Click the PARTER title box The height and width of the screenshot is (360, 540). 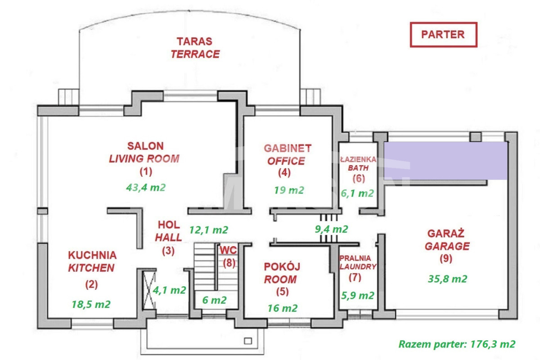click(x=443, y=35)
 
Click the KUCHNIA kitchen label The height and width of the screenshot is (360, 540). click(x=92, y=255)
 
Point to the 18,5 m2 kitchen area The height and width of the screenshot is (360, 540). click(x=91, y=304)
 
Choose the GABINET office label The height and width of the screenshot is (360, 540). click(x=288, y=148)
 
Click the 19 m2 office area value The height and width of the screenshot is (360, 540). click(x=289, y=190)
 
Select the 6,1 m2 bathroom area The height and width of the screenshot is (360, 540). click(x=357, y=193)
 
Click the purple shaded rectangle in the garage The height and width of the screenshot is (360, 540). click(x=445, y=160)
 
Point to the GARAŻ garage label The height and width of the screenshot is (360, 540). click(x=448, y=234)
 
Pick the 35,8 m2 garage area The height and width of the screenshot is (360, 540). click(x=447, y=279)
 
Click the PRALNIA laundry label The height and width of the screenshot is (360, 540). click(x=355, y=258)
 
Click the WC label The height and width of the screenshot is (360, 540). click(x=229, y=250)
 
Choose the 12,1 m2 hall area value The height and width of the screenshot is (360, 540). click(x=208, y=229)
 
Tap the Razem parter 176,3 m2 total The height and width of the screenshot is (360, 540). click(x=456, y=344)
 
